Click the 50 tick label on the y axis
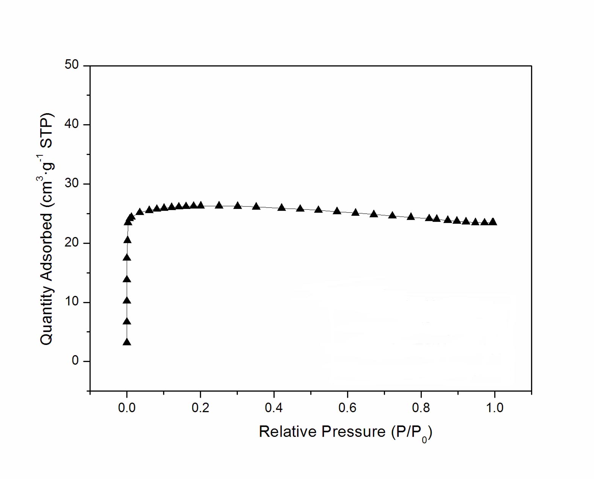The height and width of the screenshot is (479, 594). click(71, 65)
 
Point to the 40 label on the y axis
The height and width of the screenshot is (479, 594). click(71, 124)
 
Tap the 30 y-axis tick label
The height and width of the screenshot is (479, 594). click(71, 183)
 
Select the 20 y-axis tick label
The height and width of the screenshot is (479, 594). click(71, 243)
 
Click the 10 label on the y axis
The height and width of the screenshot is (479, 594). click(71, 302)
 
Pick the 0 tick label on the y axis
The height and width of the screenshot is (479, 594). click(75, 361)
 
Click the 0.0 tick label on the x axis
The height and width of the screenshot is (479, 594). click(127, 408)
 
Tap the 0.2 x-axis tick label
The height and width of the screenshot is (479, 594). click(200, 408)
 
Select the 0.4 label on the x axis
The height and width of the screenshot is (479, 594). click(274, 408)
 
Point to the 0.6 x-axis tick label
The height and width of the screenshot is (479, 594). click(347, 408)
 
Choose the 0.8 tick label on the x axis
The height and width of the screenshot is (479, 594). click(421, 408)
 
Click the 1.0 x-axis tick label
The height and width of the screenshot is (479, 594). click(495, 408)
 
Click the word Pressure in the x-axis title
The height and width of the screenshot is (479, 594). click(354, 432)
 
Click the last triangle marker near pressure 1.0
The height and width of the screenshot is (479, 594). click(493, 222)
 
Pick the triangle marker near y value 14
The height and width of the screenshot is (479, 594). click(127, 279)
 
